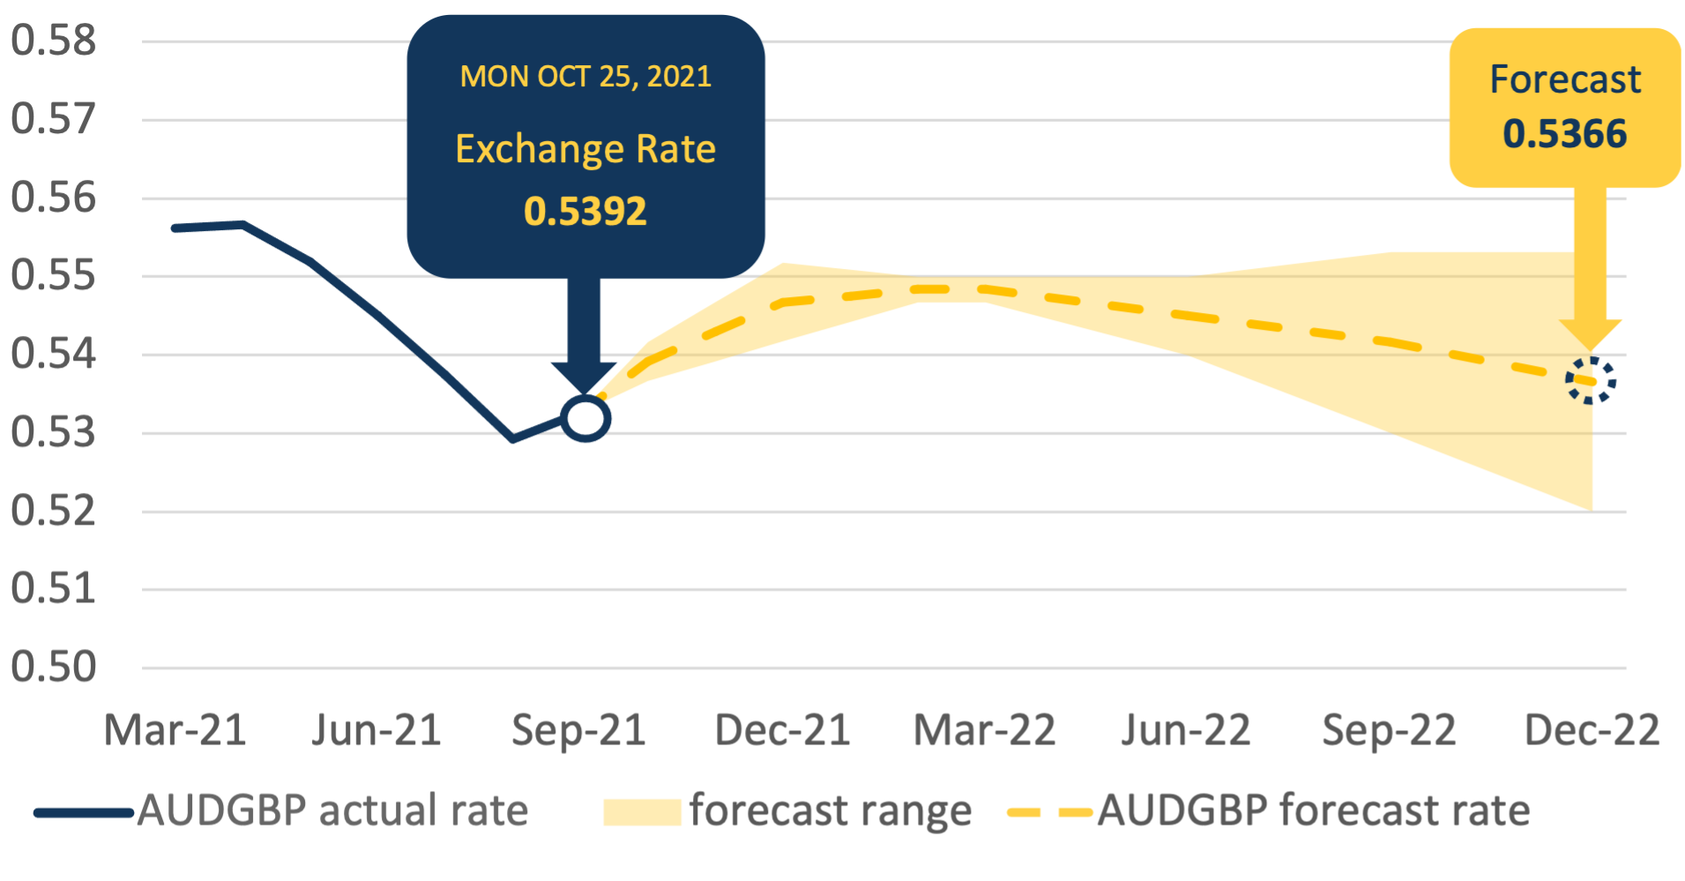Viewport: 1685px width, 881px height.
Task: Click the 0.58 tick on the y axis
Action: pyautogui.click(x=53, y=41)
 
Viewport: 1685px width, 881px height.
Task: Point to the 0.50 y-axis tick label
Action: pyautogui.click(x=53, y=667)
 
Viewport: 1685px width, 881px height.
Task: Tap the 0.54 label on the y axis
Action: pyautogui.click(x=53, y=354)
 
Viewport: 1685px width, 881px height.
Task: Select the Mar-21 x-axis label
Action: pyautogui.click(x=175, y=730)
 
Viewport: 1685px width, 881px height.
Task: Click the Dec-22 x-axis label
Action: pyautogui.click(x=1592, y=730)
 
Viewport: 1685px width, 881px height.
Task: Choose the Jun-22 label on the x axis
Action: pyautogui.click(x=1186, y=730)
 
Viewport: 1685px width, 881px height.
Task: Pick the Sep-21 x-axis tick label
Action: pyautogui.click(x=578, y=730)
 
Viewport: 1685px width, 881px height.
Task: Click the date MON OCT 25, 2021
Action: pyautogui.click(x=585, y=77)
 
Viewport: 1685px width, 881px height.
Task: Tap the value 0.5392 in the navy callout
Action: pyautogui.click(x=585, y=212)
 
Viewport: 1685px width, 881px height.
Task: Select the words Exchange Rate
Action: pyautogui.click(x=585, y=149)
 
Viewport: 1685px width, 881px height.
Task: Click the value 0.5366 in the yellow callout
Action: pyautogui.click(x=1564, y=134)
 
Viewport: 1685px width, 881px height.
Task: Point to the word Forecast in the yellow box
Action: pyautogui.click(x=1564, y=79)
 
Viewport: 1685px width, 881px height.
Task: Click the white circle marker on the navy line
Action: pyautogui.click(x=585, y=418)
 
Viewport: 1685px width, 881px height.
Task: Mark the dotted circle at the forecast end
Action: pyautogui.click(x=1591, y=381)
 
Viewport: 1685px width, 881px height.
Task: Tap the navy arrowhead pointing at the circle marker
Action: pyautogui.click(x=584, y=376)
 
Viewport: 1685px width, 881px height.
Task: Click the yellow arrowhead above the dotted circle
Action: pyautogui.click(x=1591, y=333)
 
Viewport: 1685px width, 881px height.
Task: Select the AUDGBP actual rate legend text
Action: pyautogui.click(x=332, y=810)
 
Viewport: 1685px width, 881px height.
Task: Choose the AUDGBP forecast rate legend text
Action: pyautogui.click(x=1314, y=810)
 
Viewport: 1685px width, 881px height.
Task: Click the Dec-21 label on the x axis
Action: pyautogui.click(x=782, y=730)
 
